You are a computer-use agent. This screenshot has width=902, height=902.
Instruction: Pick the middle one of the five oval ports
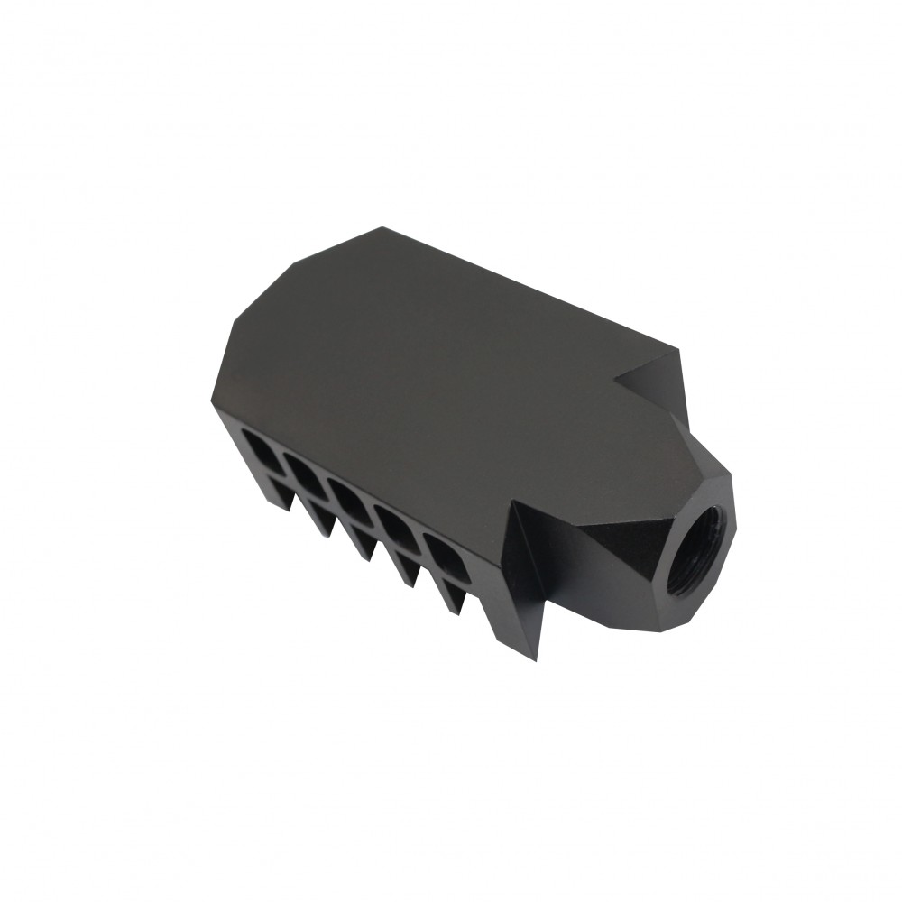tap(350, 496)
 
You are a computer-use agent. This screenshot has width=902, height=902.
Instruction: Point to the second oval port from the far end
tap(304, 469)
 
